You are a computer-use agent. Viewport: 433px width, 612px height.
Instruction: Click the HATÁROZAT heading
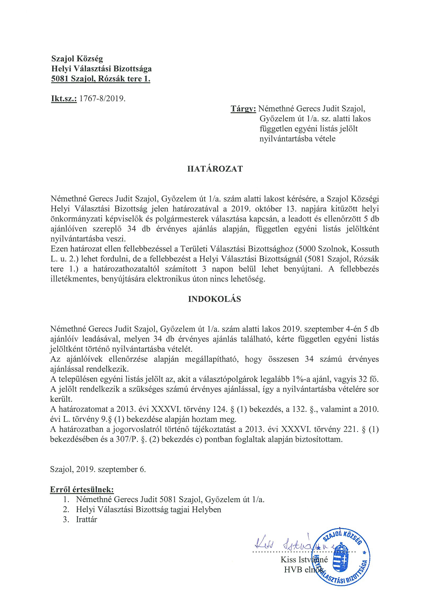(215, 169)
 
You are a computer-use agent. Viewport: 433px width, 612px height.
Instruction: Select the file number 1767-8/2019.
(102, 99)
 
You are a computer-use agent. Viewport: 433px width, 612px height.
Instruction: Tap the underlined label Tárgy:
(243, 109)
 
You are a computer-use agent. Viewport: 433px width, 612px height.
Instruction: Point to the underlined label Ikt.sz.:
(64, 99)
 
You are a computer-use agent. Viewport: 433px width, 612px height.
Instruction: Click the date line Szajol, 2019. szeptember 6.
(98, 469)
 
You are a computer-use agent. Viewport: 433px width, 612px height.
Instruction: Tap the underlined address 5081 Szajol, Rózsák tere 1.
(101, 79)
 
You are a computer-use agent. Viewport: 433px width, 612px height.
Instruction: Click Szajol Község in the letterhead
(77, 58)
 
